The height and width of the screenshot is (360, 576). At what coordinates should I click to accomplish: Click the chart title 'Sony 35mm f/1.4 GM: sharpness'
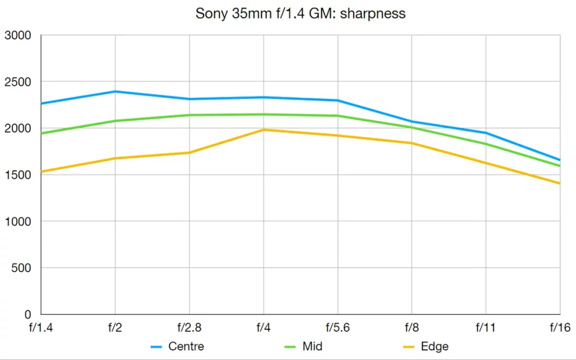tap(300, 14)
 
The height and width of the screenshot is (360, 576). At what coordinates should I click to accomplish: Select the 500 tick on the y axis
tap(21, 268)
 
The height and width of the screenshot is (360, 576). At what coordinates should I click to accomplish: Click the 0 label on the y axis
tap(28, 314)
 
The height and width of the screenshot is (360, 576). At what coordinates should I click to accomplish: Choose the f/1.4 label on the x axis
tap(41, 326)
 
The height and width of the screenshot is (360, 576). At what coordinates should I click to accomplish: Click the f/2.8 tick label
tap(190, 326)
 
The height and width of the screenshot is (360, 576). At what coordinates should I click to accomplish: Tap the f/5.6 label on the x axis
tap(337, 326)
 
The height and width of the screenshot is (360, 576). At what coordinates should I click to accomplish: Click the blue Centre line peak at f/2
tap(115, 91)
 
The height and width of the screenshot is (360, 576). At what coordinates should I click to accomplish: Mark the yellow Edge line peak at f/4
tap(263, 130)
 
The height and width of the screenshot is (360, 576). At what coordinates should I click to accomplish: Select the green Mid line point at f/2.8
tap(190, 115)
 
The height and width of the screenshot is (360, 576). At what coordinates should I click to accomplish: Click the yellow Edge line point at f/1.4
tap(42, 172)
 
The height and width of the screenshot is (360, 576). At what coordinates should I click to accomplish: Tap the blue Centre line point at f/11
tap(486, 133)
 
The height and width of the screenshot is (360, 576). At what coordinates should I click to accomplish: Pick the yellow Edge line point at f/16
tap(559, 183)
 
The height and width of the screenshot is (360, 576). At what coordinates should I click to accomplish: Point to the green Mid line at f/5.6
tap(337, 116)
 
